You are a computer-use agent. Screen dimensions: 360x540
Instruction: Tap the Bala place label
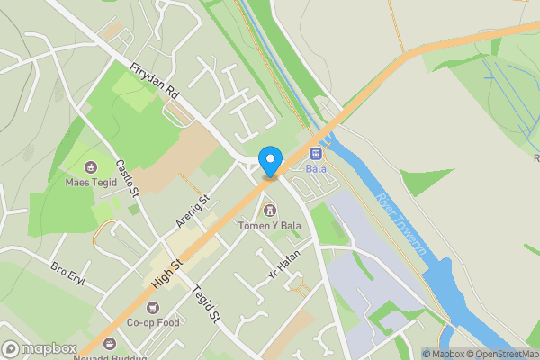(316, 168)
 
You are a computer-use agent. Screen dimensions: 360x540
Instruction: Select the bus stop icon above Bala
(316, 153)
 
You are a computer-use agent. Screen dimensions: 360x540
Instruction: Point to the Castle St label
(128, 178)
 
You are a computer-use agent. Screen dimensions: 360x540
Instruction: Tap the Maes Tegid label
(91, 182)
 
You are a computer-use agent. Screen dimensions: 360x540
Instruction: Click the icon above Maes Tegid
(91, 166)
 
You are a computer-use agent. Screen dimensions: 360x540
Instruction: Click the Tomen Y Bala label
(267, 225)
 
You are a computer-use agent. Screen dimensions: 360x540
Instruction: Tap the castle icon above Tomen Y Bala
(267, 210)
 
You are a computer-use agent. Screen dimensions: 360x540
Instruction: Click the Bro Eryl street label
(67, 270)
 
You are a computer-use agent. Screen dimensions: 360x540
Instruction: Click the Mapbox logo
(39, 348)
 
